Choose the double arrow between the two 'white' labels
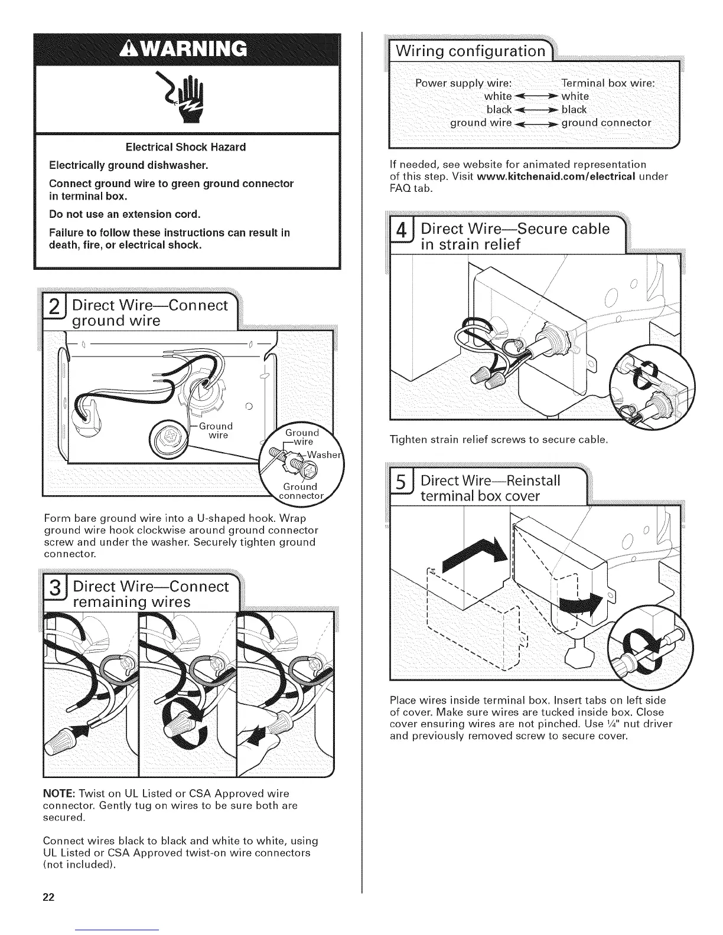click(x=536, y=96)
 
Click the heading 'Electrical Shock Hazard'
click(x=187, y=147)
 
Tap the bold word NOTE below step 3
click(x=59, y=793)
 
